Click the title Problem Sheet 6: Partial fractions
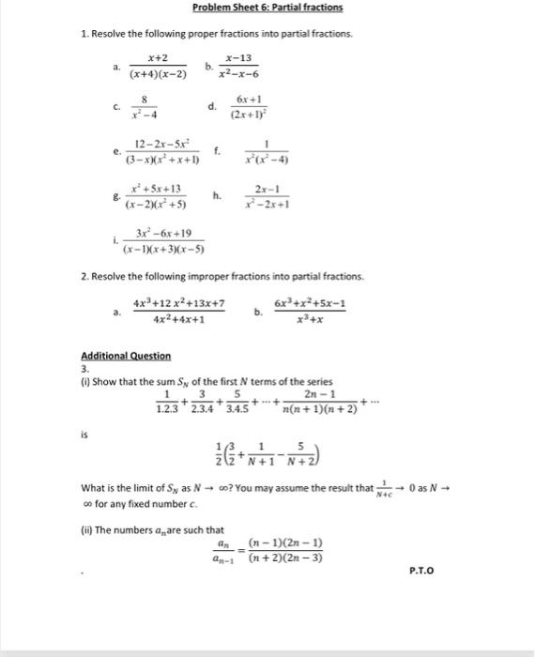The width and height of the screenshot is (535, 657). tap(267, 8)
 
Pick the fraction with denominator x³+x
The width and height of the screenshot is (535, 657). tap(309, 311)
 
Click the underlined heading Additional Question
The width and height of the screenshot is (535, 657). tap(125, 356)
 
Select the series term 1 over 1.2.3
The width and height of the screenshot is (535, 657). tap(169, 401)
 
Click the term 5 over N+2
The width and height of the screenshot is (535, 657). tap(305, 454)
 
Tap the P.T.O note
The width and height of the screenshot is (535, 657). tap(421, 570)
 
